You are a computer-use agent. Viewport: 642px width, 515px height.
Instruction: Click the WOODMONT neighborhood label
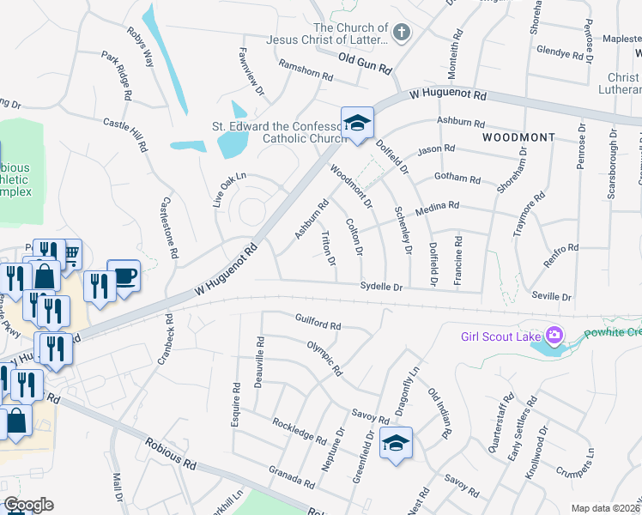click(518, 137)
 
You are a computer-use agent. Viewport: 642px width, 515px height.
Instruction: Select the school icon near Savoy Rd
click(396, 443)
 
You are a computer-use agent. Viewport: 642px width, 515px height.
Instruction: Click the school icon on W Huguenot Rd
click(357, 123)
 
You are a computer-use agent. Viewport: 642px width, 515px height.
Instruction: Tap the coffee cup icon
click(125, 275)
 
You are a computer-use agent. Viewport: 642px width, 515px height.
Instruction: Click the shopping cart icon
click(70, 252)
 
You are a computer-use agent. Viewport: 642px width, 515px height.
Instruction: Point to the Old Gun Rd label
click(365, 63)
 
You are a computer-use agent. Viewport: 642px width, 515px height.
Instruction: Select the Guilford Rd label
click(318, 325)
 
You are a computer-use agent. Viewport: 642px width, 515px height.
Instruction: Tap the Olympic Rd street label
click(324, 359)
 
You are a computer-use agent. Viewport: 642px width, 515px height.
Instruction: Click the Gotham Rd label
click(457, 179)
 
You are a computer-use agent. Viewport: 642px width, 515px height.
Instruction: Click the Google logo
click(28, 505)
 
